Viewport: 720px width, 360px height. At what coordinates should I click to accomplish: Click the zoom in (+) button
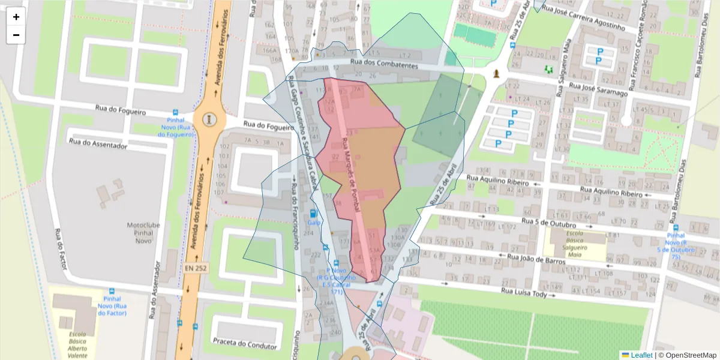tap(16, 17)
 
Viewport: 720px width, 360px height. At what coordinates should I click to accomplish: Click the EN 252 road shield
tap(196, 268)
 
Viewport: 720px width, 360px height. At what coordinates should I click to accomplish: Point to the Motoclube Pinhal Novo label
tap(143, 232)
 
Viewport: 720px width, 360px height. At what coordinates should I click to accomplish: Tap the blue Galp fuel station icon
tap(312, 214)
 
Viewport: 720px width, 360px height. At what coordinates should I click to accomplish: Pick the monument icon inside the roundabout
tap(209, 119)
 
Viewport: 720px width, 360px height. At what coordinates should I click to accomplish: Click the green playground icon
tap(548, 70)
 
